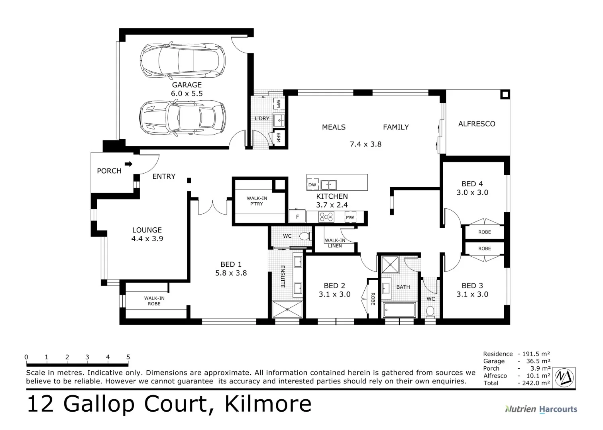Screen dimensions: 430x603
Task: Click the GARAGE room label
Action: (x=187, y=85)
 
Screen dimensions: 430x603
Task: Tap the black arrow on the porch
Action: (x=128, y=164)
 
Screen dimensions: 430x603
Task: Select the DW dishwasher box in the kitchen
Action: (x=312, y=185)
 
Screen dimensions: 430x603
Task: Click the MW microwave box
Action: (x=350, y=217)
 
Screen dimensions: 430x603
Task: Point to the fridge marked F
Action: (x=297, y=217)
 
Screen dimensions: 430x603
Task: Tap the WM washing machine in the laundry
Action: (x=278, y=104)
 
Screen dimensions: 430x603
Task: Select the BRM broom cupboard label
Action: (x=279, y=138)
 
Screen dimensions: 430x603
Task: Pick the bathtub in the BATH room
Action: (x=399, y=309)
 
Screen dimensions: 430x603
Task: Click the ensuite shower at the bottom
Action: (x=287, y=309)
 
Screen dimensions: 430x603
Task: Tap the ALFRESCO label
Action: (x=477, y=124)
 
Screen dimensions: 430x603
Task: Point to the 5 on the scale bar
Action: (x=128, y=357)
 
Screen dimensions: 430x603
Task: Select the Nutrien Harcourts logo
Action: (x=541, y=409)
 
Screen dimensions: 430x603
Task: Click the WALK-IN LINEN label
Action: (x=335, y=243)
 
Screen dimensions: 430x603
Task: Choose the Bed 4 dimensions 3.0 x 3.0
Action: (x=472, y=192)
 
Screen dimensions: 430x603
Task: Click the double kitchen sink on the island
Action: (x=328, y=185)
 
